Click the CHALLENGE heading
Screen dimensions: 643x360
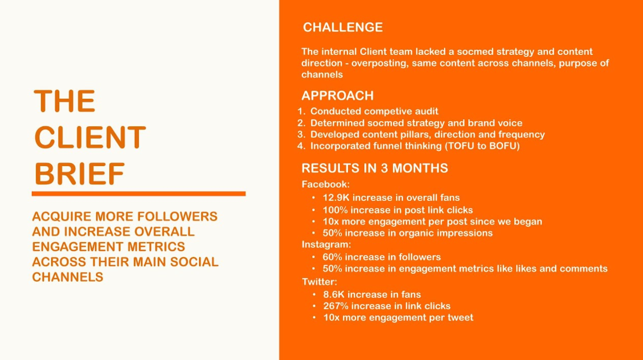pyautogui.click(x=343, y=27)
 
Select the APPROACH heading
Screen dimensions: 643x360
pyautogui.click(x=337, y=96)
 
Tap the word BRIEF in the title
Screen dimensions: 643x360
pyautogui.click(x=80, y=173)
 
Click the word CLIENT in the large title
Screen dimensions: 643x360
pyautogui.click(x=90, y=137)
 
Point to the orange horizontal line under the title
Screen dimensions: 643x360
pyautogui.click(x=138, y=194)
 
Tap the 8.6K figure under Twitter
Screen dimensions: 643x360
pyautogui.click(x=333, y=294)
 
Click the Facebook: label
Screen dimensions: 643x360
pyautogui.click(x=325, y=184)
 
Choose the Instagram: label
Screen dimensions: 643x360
pyautogui.click(x=326, y=245)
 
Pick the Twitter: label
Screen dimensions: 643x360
pyautogui.click(x=319, y=282)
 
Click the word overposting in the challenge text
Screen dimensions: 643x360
pyautogui.click(x=379, y=63)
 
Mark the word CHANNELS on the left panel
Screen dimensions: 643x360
pyautogui.click(x=67, y=277)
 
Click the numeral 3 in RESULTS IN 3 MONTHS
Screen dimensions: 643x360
pyautogui.click(x=384, y=168)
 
